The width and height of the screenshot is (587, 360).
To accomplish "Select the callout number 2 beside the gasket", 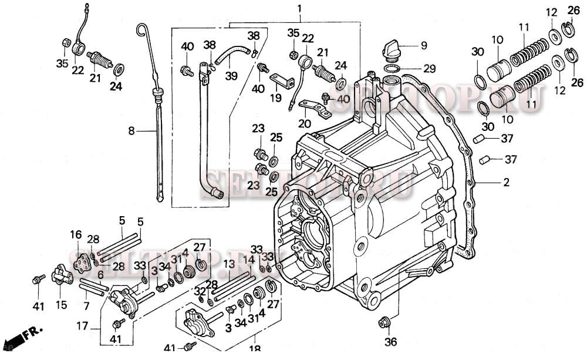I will click(505, 183).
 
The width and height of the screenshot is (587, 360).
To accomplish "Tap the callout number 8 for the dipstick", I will click(132, 132).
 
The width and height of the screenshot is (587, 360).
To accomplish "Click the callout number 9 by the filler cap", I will click(423, 45).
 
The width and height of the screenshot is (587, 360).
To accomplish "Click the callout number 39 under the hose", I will click(231, 76).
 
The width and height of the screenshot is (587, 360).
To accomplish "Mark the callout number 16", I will click(76, 235).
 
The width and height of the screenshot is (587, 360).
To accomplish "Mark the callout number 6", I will click(100, 274).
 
